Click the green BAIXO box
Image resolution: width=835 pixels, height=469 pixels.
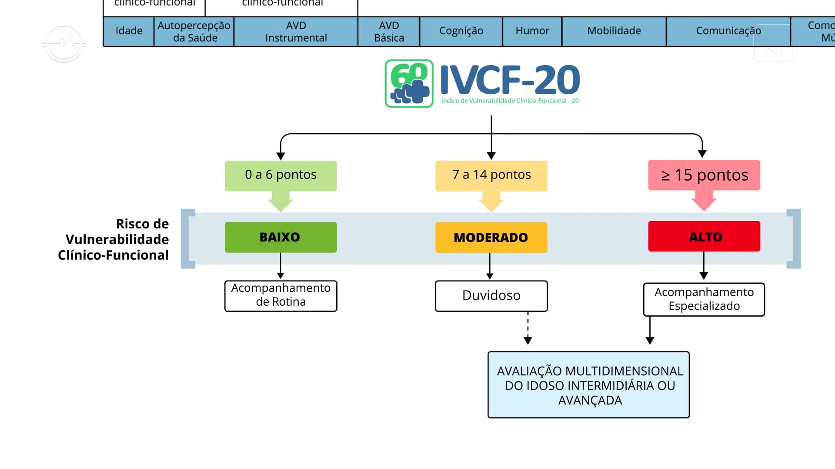click(281, 237)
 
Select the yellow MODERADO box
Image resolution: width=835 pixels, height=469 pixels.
click(491, 238)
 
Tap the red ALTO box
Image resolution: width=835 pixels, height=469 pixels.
click(704, 237)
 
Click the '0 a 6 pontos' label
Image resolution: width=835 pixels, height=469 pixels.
click(281, 175)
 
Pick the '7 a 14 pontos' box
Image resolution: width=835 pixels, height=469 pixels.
click(491, 175)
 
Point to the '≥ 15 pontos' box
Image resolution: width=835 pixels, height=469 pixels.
click(704, 175)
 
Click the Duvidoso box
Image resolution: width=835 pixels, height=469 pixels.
click(491, 296)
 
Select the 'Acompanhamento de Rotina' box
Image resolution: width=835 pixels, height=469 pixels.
click(281, 295)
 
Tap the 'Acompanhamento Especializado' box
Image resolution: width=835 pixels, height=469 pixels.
click(704, 299)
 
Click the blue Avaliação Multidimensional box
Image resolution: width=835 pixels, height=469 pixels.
click(588, 385)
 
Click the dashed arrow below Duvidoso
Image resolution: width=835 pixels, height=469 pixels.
click(528, 328)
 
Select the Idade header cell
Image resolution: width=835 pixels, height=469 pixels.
click(129, 31)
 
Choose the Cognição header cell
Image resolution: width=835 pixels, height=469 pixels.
click(461, 31)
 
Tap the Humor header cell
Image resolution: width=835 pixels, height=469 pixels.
click(532, 31)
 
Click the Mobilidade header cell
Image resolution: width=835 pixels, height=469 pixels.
click(614, 31)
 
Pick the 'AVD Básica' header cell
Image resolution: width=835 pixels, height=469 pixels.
click(389, 31)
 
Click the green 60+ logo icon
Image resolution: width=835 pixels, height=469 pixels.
click(409, 83)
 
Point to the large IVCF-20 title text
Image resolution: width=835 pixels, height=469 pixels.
click(510, 80)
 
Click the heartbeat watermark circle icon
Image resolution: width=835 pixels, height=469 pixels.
click(64, 44)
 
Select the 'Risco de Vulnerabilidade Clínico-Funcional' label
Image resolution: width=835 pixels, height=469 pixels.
click(114, 239)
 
